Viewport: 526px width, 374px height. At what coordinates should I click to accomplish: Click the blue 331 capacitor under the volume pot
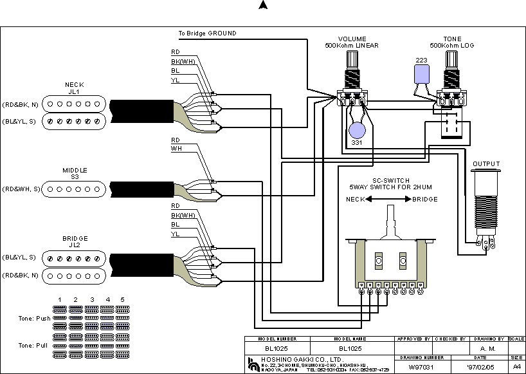pos(357,131)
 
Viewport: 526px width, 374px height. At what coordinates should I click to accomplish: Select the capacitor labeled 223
pos(422,75)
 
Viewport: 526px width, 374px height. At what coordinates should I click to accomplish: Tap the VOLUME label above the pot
pos(352,39)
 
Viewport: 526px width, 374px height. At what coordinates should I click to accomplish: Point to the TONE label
pos(452,39)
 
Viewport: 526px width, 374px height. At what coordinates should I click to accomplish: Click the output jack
pos(486,206)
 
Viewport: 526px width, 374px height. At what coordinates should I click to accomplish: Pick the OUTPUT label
pos(486,164)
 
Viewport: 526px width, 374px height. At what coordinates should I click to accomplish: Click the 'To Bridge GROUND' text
pos(207,33)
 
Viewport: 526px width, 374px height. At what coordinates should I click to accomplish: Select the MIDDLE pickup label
pos(75,170)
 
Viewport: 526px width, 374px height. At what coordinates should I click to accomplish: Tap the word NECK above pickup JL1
pos(75,84)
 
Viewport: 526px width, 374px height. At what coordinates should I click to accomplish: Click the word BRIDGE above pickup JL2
pos(75,238)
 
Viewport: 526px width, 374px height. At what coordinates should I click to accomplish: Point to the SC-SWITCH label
pos(391,180)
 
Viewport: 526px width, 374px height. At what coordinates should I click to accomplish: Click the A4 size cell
pos(516,367)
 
